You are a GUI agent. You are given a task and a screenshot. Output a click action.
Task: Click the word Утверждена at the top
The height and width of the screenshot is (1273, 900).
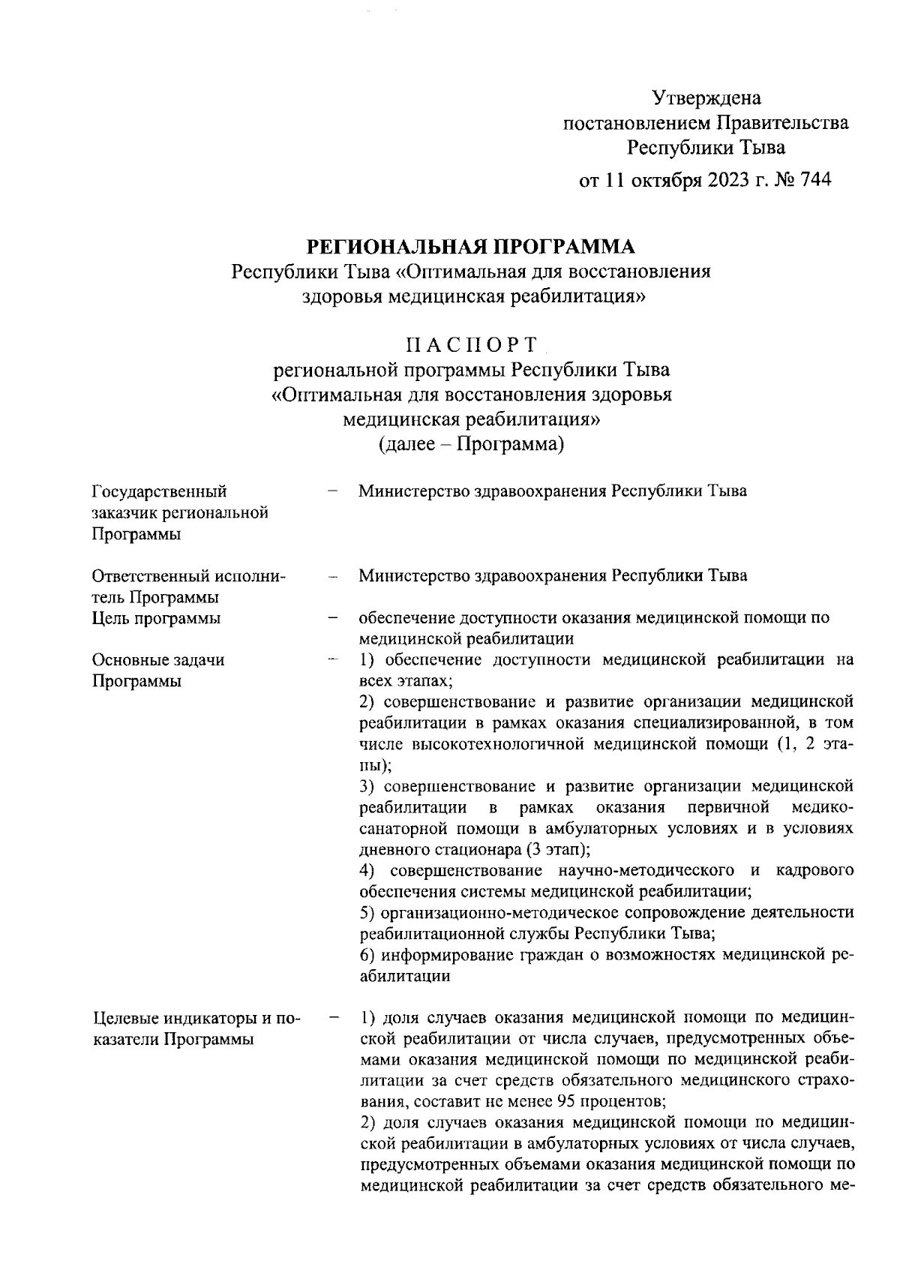coord(706,98)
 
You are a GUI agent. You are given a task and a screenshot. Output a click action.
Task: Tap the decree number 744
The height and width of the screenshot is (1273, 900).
coord(816,180)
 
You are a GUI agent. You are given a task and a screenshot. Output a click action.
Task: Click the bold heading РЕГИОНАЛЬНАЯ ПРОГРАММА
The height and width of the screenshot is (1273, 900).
coord(471,246)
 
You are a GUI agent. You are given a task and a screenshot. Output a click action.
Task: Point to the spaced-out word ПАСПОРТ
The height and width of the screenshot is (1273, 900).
coord(471,345)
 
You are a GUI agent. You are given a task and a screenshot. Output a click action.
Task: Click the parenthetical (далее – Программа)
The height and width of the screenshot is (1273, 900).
coord(471,444)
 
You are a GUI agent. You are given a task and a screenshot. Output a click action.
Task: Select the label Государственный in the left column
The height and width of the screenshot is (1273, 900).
coord(159,492)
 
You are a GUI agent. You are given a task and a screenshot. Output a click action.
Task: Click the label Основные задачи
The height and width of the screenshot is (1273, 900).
coord(158,660)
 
